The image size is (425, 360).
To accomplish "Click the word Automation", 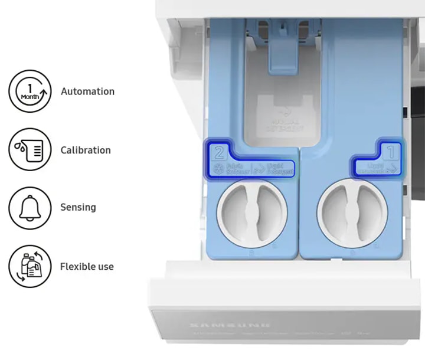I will pos(87,91).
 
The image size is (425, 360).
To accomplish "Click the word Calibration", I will pos(86,150).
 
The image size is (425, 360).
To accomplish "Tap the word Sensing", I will pos(78,207).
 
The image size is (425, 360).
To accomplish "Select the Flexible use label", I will pos(87,266).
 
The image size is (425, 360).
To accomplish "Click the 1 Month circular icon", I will pos(30,91).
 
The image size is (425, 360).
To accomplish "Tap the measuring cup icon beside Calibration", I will pos(30,150).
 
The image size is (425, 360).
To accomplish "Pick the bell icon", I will pos(30,207).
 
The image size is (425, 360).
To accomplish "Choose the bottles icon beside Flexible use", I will pos(30,267).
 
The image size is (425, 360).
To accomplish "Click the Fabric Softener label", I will pos(237,170).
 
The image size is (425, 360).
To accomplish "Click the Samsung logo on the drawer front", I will pos(230,325).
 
